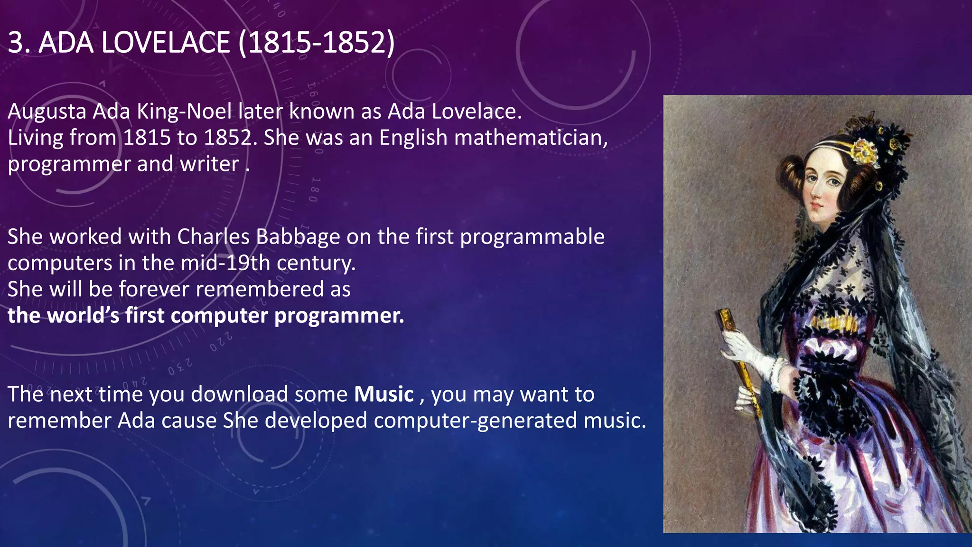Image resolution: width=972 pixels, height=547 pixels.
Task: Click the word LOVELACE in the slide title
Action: [x=166, y=42]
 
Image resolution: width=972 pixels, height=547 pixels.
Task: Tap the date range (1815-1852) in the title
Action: [x=316, y=42]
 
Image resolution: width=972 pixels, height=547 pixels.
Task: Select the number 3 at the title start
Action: [x=16, y=42]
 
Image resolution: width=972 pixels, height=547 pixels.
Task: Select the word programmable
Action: [x=532, y=237]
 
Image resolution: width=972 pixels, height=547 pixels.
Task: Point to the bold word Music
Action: [x=384, y=395]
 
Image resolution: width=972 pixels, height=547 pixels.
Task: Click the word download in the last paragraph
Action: [x=240, y=395]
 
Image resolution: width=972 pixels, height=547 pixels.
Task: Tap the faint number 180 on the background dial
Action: [x=314, y=189]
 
